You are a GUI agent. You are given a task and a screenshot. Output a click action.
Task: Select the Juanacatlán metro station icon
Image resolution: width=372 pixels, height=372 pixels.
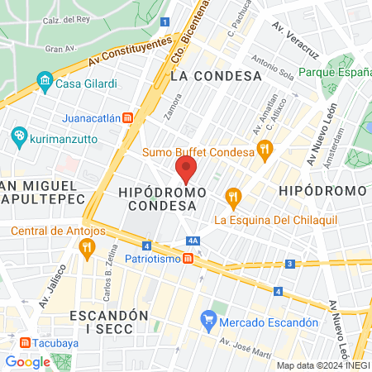[127, 117]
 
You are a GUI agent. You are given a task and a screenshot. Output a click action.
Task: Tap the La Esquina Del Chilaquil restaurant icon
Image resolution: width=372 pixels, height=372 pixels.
[234, 197]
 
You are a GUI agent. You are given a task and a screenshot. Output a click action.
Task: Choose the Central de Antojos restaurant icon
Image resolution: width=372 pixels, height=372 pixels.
[84, 246]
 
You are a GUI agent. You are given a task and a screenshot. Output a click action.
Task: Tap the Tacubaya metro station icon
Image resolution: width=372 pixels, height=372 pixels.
[26, 342]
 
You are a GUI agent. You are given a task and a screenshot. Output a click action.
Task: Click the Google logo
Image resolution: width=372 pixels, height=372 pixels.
[28, 361]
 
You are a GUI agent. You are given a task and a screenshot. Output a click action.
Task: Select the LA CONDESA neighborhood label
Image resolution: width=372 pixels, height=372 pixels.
[216, 75]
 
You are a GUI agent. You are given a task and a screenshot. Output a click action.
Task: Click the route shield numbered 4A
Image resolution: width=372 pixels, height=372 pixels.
[193, 241]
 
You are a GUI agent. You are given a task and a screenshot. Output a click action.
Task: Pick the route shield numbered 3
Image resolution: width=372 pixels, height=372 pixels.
[289, 264]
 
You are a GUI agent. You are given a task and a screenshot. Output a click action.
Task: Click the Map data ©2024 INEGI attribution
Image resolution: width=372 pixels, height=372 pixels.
[322, 365]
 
